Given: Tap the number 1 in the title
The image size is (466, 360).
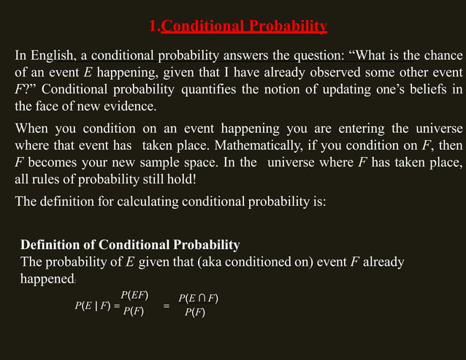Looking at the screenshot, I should (x=152, y=27).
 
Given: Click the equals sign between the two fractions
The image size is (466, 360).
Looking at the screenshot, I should (x=167, y=306).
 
